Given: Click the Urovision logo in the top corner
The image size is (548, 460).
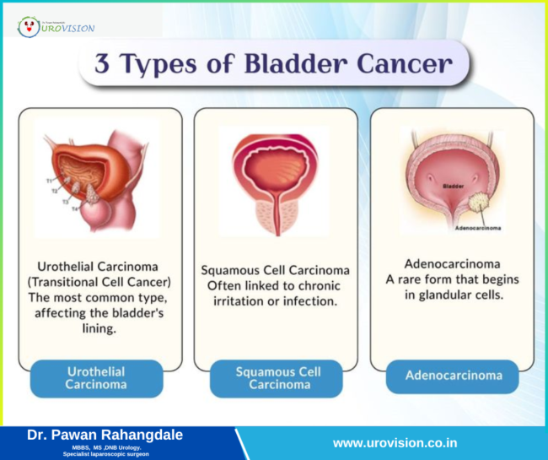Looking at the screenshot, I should point(56,26).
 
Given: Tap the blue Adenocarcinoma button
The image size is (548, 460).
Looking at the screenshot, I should point(452,376).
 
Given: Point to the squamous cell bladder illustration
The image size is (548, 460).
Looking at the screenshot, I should point(271,179).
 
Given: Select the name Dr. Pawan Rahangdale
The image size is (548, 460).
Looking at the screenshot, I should point(105,435).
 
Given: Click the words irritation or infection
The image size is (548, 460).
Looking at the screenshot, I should point(274,301).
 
